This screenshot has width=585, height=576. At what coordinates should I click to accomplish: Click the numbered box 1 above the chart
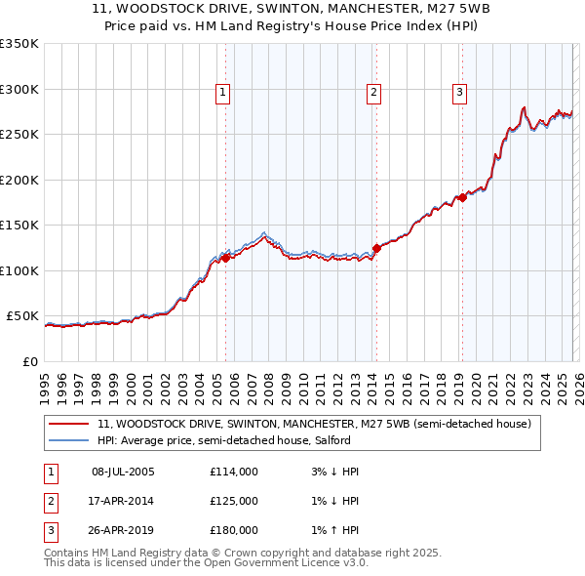click(223, 93)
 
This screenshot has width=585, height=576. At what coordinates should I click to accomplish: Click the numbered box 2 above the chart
click(373, 93)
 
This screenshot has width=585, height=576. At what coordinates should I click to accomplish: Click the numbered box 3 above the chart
click(459, 93)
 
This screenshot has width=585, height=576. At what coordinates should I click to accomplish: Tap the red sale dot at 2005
click(225, 258)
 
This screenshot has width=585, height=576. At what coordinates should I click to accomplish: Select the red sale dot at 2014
click(376, 248)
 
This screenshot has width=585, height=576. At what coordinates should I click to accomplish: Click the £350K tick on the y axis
click(19, 44)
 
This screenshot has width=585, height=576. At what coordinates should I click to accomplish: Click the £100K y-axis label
click(19, 270)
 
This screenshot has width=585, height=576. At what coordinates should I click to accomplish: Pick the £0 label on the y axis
click(29, 361)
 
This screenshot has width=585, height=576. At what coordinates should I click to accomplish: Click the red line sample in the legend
click(68, 425)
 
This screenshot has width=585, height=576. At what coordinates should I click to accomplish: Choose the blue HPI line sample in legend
click(68, 440)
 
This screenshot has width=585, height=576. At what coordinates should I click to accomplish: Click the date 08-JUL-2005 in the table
click(123, 472)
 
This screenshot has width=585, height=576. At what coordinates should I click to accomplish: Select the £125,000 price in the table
click(234, 501)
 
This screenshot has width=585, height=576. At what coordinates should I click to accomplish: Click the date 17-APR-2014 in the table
click(123, 501)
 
